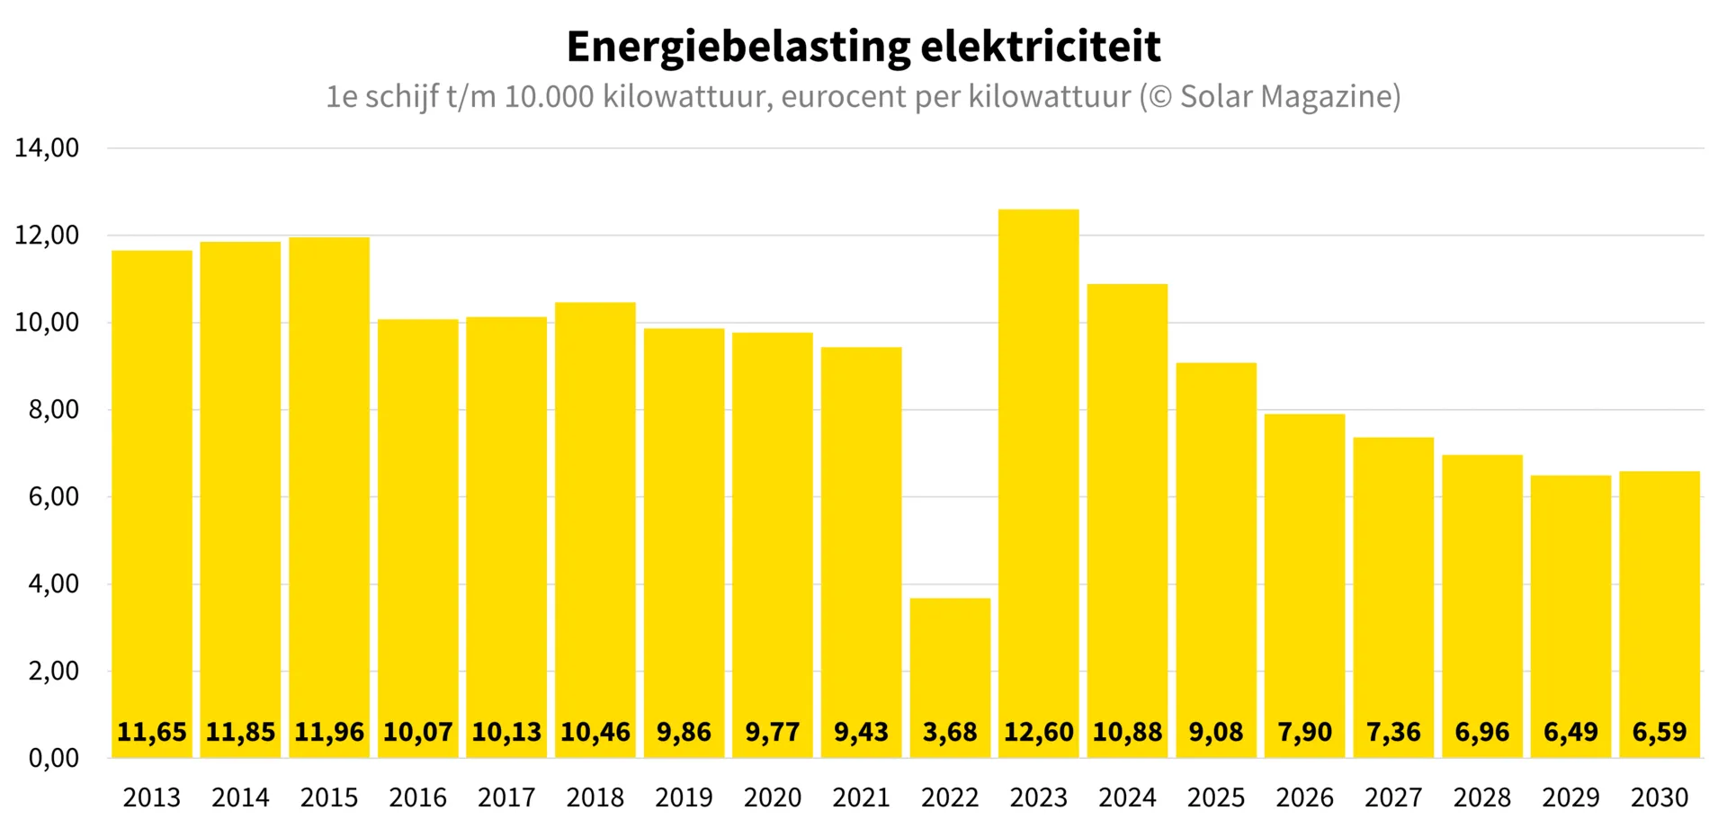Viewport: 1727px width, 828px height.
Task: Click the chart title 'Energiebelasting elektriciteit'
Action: point(863,47)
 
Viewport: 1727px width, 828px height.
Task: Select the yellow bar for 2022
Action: point(950,678)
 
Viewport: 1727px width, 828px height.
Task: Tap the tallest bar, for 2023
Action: point(1039,484)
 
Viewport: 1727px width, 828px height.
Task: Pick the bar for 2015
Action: point(329,497)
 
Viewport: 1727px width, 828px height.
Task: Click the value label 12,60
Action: point(1039,732)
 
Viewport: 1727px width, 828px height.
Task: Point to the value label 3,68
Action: point(950,732)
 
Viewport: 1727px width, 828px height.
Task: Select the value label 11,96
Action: point(329,732)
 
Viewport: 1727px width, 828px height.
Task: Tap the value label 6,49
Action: point(1570,732)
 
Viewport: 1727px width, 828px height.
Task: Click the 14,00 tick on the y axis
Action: point(47,147)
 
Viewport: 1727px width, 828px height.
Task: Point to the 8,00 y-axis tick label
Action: point(54,409)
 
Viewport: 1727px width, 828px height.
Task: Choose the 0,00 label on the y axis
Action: point(54,758)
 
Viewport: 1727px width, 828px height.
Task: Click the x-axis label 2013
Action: point(152,797)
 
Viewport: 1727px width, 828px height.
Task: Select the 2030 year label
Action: point(1660,797)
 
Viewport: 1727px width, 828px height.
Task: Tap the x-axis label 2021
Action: point(861,797)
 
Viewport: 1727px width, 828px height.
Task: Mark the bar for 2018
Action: point(595,530)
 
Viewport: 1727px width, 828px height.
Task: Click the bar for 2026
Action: point(1304,586)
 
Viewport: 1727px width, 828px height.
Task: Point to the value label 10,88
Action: point(1127,732)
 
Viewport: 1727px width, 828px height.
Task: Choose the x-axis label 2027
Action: point(1393,797)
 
